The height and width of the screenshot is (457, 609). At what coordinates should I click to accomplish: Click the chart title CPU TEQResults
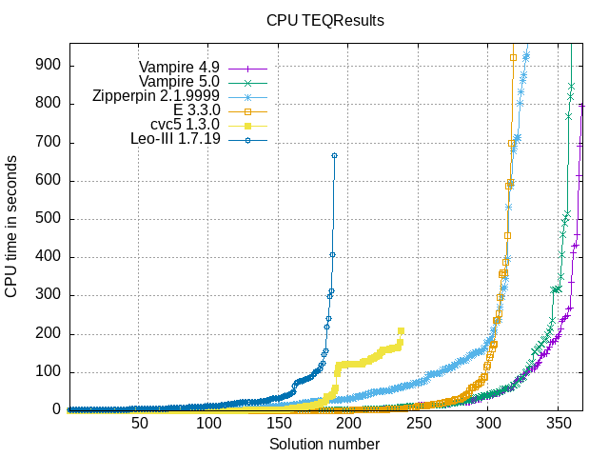click(x=324, y=20)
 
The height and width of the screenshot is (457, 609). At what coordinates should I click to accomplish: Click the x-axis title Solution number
click(x=324, y=445)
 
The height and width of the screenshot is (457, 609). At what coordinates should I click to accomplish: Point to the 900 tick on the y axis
click(x=50, y=65)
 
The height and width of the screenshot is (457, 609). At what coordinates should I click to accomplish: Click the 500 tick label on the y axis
click(x=50, y=218)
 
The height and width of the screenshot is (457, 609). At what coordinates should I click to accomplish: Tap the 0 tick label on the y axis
click(x=57, y=410)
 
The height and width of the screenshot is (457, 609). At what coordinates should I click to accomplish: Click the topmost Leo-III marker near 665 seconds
click(x=334, y=155)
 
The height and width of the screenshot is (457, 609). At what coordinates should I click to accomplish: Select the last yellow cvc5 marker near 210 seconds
click(x=401, y=330)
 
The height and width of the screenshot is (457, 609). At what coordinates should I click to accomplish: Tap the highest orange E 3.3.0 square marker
click(x=513, y=57)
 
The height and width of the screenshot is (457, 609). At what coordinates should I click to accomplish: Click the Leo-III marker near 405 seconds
click(x=332, y=254)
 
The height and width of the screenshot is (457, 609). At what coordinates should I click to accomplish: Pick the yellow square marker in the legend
click(x=246, y=126)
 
